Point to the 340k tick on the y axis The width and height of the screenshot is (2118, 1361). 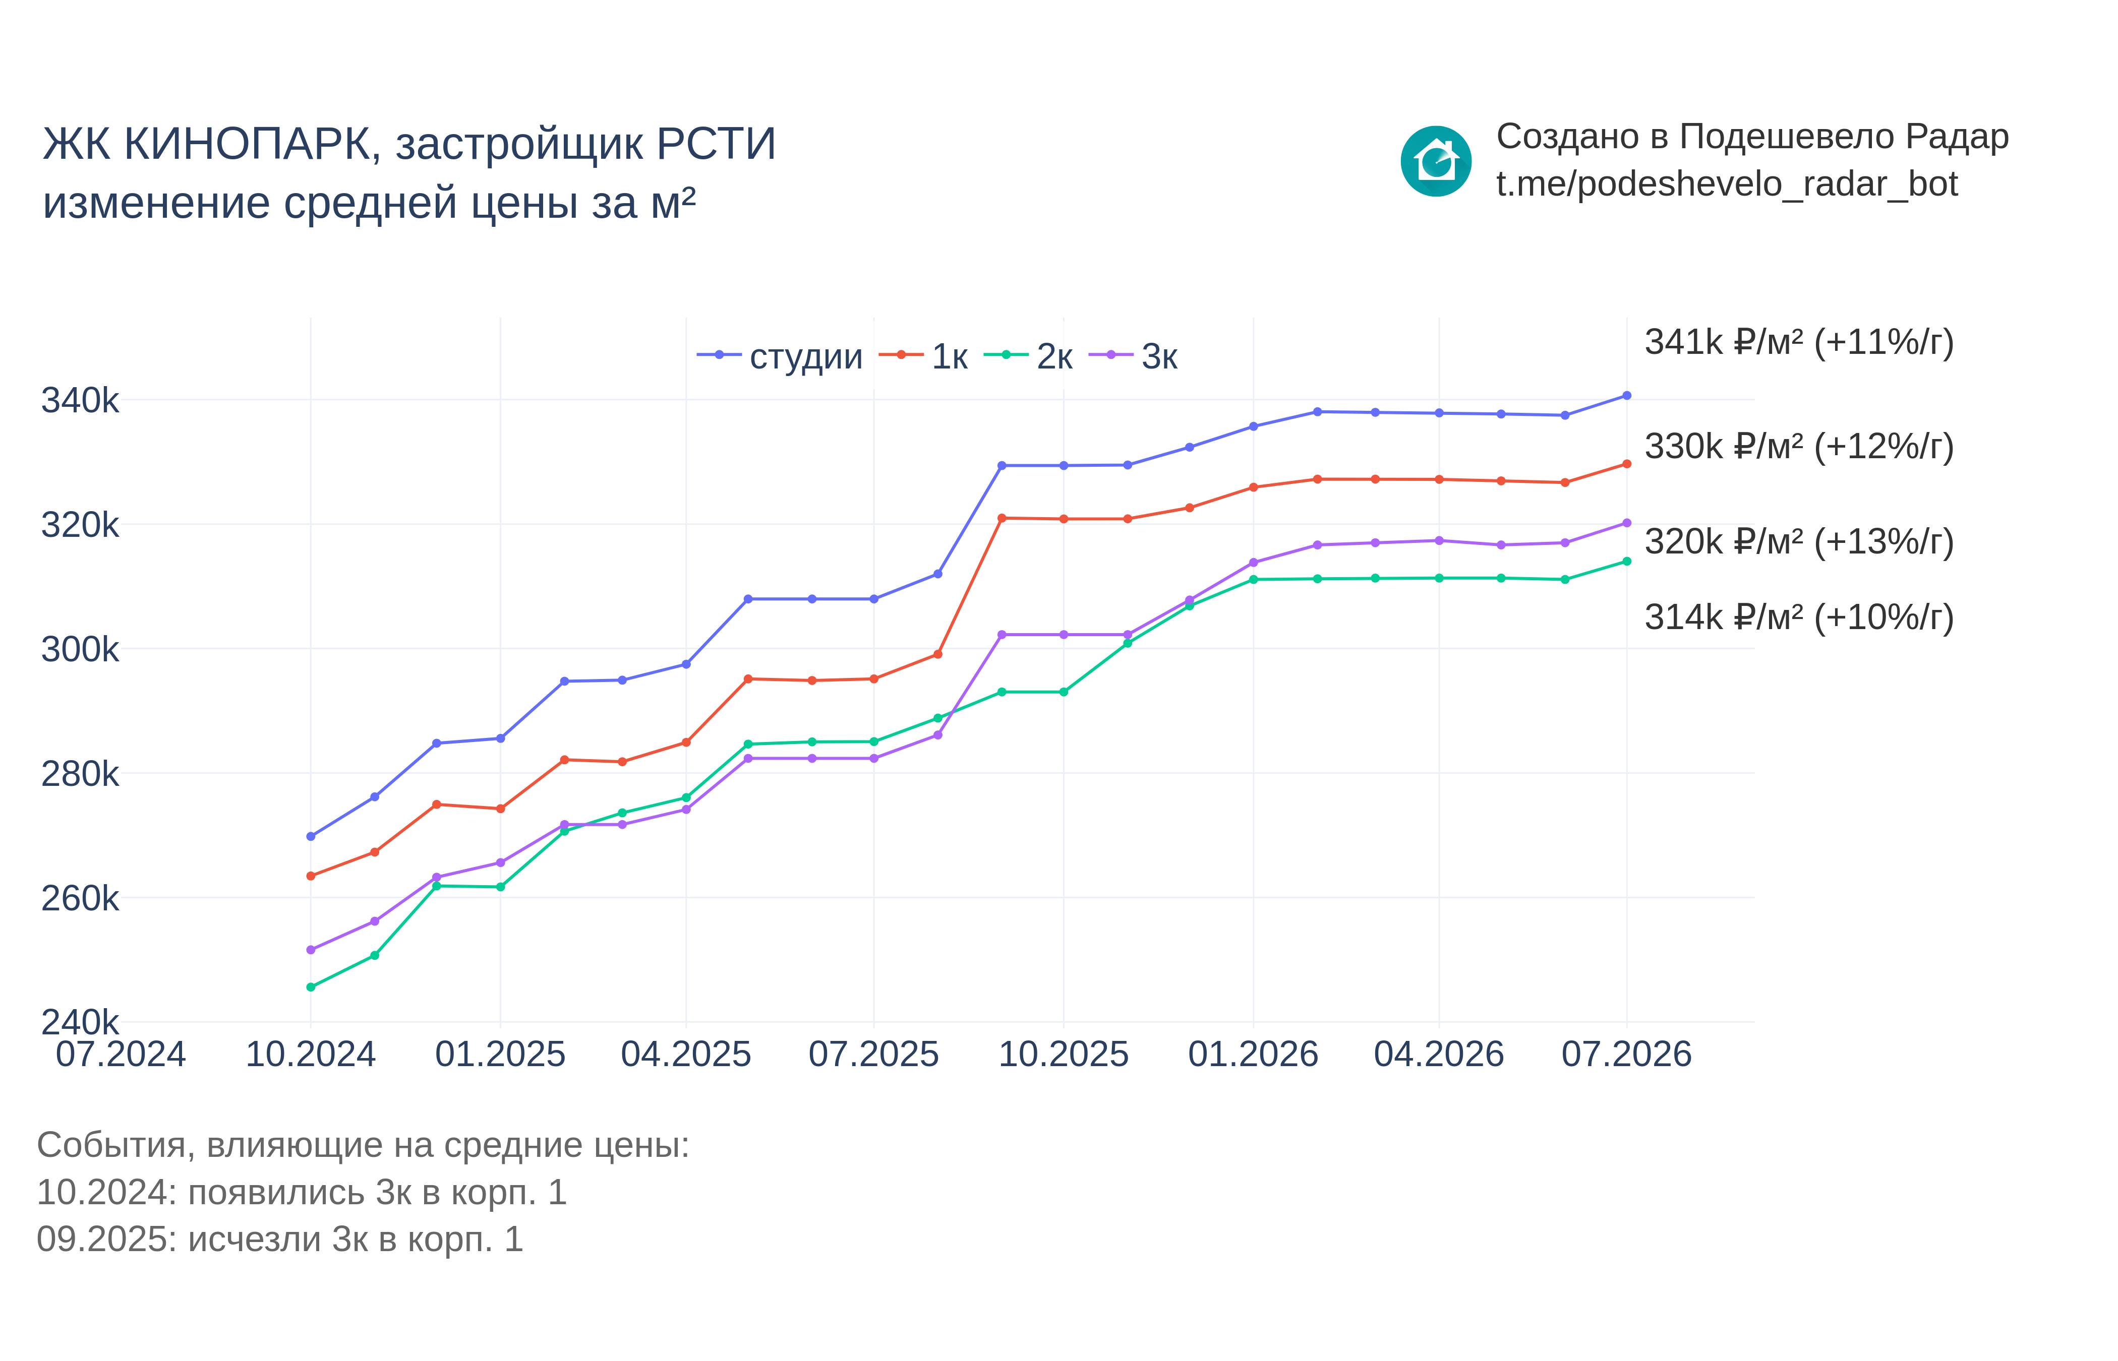tap(80, 400)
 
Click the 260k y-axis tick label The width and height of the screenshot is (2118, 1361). tap(80, 898)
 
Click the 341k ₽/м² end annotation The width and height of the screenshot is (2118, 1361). tap(1799, 342)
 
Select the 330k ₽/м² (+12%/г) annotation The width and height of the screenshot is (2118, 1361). tap(1799, 446)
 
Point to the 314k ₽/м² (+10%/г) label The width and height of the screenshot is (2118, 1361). tap(1799, 617)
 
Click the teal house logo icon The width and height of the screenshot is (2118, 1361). tap(1436, 161)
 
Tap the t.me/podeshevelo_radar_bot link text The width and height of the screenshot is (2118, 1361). tap(1726, 184)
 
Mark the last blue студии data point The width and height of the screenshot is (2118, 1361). tap(1626, 396)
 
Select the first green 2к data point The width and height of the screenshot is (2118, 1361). tap(310, 987)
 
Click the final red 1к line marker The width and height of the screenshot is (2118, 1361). tap(1626, 464)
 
